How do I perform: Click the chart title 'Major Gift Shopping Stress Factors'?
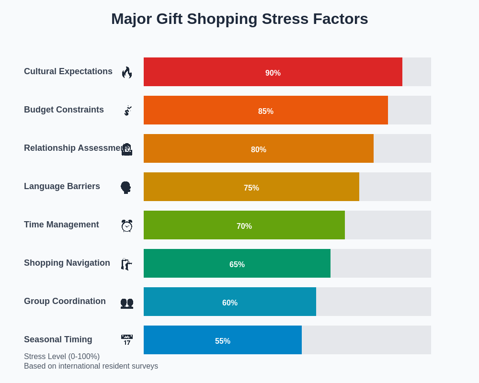click(x=239, y=19)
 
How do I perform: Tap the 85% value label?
click(x=266, y=111)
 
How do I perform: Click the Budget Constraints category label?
click(x=64, y=110)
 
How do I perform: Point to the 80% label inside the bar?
click(x=259, y=149)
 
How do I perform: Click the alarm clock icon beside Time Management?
click(x=127, y=225)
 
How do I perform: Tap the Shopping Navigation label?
click(x=67, y=263)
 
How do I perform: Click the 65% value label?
click(x=237, y=264)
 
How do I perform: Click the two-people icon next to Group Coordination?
click(x=127, y=303)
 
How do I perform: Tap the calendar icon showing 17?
click(x=127, y=340)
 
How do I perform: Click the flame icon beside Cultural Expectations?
click(x=127, y=72)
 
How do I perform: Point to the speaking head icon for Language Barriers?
click(x=126, y=187)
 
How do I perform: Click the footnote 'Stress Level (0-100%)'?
click(x=62, y=357)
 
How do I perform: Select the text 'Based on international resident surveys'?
click(x=91, y=366)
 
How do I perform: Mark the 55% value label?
click(x=223, y=341)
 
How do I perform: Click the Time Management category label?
click(x=61, y=225)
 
